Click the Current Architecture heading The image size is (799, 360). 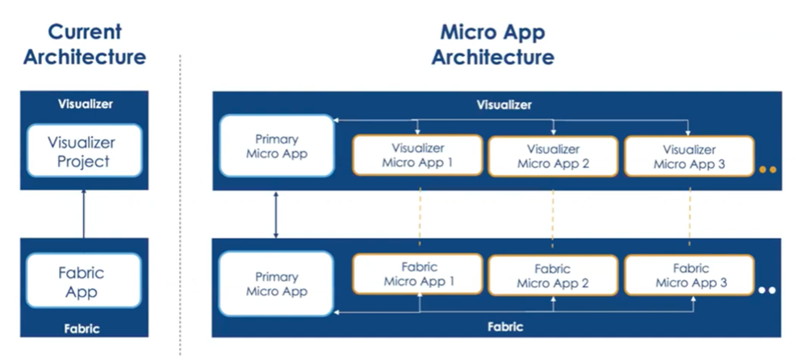(x=85, y=44)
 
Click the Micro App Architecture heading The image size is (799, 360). (x=492, y=44)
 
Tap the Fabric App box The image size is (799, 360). (x=83, y=281)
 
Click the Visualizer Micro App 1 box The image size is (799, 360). (x=417, y=156)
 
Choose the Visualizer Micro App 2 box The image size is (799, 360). (x=553, y=156)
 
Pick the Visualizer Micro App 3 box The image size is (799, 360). (x=688, y=156)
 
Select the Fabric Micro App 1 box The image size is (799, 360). (x=417, y=274)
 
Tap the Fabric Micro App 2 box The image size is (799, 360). (x=553, y=275)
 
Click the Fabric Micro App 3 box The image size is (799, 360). (x=688, y=275)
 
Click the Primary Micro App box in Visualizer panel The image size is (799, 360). (x=276, y=145)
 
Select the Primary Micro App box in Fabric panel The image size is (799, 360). (x=276, y=283)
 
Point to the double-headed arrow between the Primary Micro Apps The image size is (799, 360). (x=276, y=215)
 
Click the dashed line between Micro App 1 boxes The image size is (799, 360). (x=419, y=214)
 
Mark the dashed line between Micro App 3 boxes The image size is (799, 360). (x=689, y=214)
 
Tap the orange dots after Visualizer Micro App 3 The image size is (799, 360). (x=768, y=170)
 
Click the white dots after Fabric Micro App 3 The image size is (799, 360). (x=768, y=290)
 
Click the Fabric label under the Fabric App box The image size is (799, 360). (x=84, y=329)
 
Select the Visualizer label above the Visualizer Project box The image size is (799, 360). (x=85, y=104)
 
